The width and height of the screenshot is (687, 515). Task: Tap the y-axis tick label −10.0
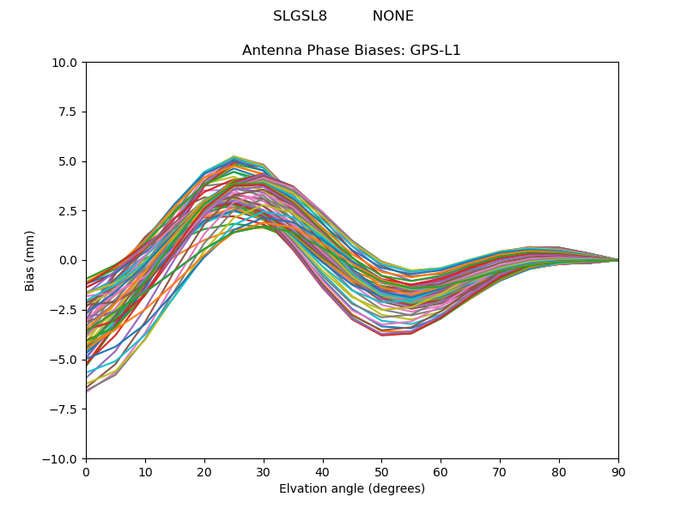60,459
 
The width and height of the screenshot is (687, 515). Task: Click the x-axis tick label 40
323,472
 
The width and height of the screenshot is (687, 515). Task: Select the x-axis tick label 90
618,472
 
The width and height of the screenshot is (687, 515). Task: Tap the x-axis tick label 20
204,472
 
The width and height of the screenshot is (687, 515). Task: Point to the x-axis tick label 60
441,472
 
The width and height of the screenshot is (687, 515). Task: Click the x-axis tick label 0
86,472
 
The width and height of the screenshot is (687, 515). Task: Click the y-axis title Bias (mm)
30,261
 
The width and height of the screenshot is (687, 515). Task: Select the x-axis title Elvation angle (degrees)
352,488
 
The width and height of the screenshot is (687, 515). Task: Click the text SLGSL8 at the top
300,16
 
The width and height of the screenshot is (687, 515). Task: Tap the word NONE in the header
393,16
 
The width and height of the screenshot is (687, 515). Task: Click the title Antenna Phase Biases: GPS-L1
352,51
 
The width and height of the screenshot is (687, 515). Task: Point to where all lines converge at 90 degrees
617,260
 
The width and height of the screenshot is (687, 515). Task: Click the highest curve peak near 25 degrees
234,157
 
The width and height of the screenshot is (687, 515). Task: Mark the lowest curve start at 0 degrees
87,391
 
